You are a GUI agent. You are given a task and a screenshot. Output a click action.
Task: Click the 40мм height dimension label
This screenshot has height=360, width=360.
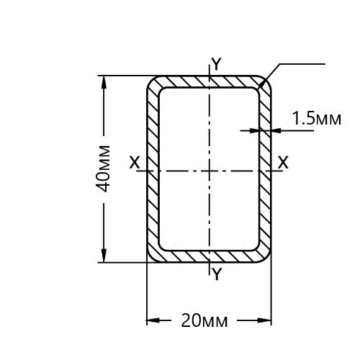click(x=103, y=168)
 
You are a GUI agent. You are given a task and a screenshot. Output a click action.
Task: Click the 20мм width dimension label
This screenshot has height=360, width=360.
click(x=204, y=320)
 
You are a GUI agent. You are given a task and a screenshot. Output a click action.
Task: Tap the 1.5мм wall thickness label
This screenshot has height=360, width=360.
click(x=316, y=118)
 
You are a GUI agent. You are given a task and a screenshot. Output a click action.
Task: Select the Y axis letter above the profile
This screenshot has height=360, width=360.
click(x=217, y=64)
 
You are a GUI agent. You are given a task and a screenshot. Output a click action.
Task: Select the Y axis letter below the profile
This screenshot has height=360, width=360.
click(x=217, y=274)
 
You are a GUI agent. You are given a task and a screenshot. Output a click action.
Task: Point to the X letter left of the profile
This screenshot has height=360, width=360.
click(x=135, y=163)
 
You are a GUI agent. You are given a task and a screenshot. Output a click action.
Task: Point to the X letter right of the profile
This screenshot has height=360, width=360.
click(x=283, y=163)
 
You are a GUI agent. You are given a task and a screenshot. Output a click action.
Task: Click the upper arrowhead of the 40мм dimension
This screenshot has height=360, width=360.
click(x=104, y=83)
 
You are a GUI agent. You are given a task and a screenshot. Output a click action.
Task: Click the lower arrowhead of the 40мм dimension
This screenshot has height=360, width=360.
click(x=104, y=256)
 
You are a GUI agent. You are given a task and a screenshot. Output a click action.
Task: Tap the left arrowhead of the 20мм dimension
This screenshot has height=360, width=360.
click(x=153, y=320)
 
